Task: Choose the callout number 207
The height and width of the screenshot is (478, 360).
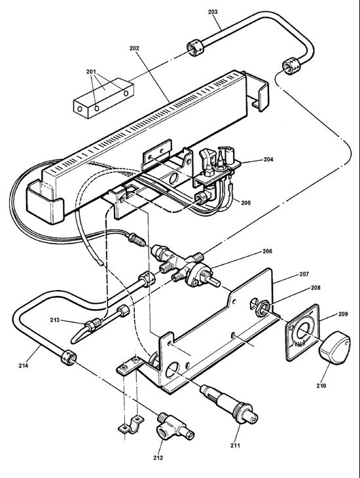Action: click(x=286, y=276)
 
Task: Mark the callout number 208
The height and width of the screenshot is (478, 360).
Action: click(x=297, y=287)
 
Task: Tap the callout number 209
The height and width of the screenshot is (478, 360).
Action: click(x=325, y=314)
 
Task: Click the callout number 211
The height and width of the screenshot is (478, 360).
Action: click(x=234, y=446)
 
